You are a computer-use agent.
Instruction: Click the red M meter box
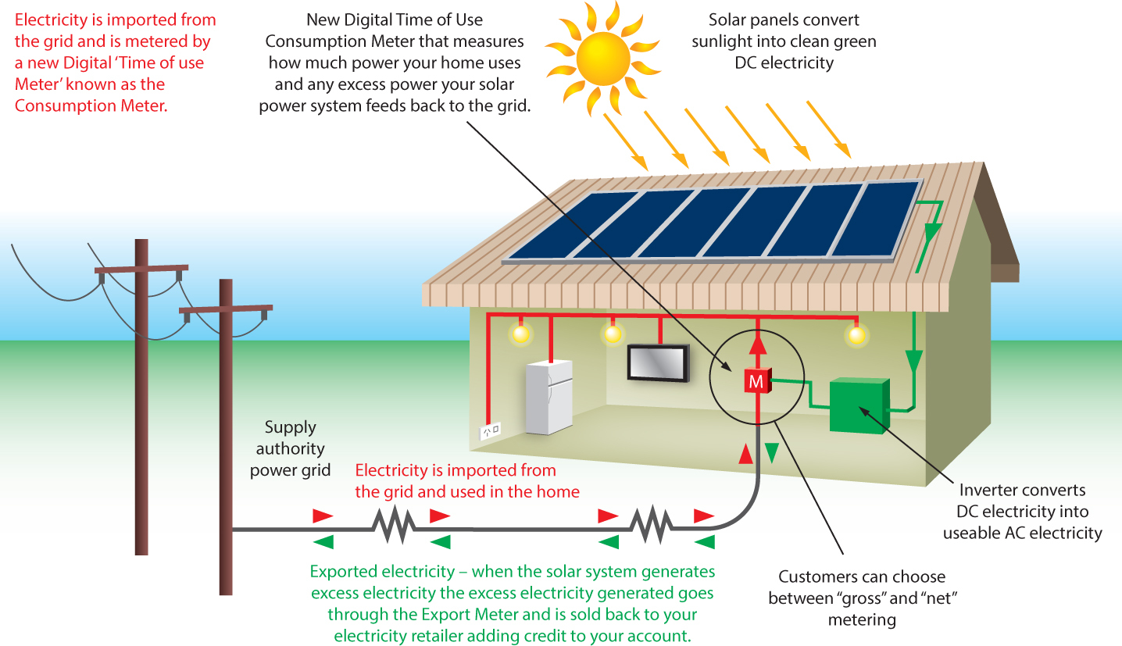pyautogui.click(x=756, y=381)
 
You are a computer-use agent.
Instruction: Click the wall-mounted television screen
pyautogui.click(x=658, y=362)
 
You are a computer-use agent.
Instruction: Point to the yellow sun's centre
pyautogui.click(x=602, y=55)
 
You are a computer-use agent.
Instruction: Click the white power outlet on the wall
pyautogui.click(x=490, y=430)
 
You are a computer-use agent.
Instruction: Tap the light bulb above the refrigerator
pyautogui.click(x=520, y=334)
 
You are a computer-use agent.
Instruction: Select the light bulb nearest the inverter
pyautogui.click(x=858, y=336)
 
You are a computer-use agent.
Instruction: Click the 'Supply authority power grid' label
pyautogui.click(x=291, y=448)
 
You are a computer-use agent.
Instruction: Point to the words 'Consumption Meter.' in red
pyautogui.click(x=91, y=105)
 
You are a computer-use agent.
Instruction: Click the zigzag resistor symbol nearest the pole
pyautogui.click(x=394, y=525)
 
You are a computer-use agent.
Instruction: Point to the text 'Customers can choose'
pyautogui.click(x=862, y=577)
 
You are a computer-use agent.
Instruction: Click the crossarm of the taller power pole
pyautogui.click(x=141, y=269)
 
